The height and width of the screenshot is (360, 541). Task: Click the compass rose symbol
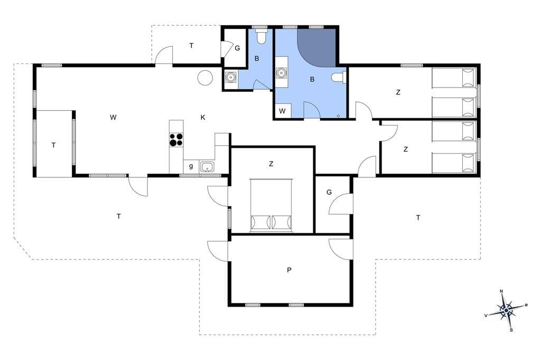[506, 311]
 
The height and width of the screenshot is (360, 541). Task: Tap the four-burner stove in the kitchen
[176, 140]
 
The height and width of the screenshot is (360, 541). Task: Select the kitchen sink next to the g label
[207, 167]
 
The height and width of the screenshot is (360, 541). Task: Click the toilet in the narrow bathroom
[261, 36]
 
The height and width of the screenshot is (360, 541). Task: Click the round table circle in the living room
[204, 77]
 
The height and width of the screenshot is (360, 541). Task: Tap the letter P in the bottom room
[289, 270]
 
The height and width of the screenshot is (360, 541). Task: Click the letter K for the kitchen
[203, 118]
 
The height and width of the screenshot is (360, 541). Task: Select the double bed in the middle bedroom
[271, 205]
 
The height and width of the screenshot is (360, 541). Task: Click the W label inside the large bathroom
[282, 111]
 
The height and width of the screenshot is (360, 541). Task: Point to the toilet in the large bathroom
[339, 78]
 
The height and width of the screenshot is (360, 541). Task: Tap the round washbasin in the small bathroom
[230, 77]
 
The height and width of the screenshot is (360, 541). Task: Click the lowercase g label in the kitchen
[191, 167]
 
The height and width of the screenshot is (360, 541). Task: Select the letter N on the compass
[502, 291]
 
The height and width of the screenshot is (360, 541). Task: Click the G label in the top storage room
[237, 49]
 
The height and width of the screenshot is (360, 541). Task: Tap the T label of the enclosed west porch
[53, 146]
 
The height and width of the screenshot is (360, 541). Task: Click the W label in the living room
[113, 118]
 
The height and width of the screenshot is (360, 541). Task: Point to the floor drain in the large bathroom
[339, 116]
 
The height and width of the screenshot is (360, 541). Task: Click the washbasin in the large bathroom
[282, 73]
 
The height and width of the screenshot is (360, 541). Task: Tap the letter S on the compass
[511, 330]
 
